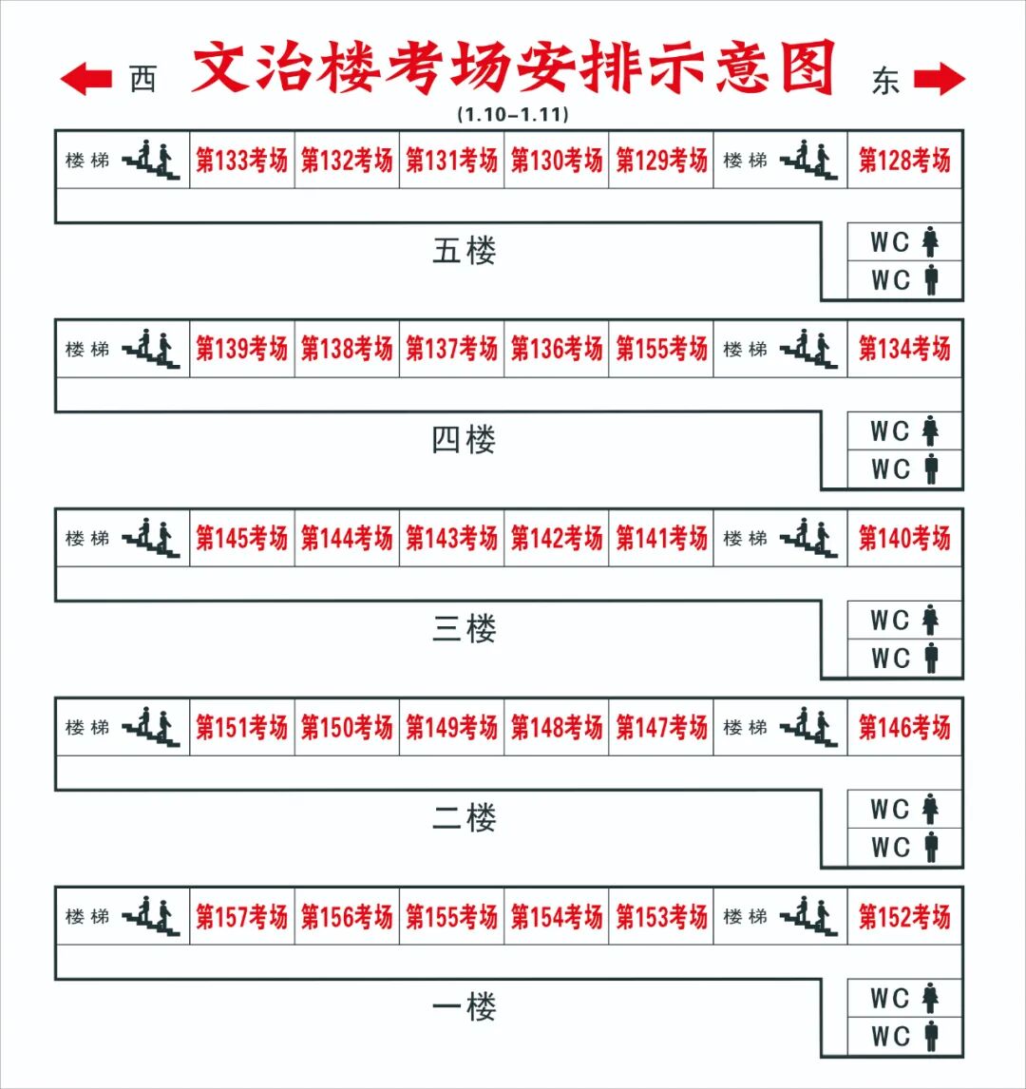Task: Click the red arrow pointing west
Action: (x=86, y=79)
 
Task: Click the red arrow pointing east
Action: (x=939, y=79)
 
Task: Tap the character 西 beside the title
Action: (x=142, y=80)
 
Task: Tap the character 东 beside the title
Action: (x=884, y=81)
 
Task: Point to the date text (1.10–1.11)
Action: (x=512, y=114)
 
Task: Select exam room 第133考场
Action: (x=241, y=161)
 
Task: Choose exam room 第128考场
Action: (x=904, y=161)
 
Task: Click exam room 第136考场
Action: (x=557, y=349)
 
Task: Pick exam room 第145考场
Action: (x=241, y=538)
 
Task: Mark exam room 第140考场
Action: (x=904, y=538)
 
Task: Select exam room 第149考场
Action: (x=451, y=727)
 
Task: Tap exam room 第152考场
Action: (x=904, y=916)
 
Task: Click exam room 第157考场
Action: (x=241, y=916)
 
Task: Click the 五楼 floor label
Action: (x=465, y=252)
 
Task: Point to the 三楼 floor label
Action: (x=465, y=629)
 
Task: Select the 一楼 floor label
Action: (x=465, y=1006)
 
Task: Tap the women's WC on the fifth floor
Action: (x=904, y=242)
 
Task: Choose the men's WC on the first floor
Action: (x=904, y=1036)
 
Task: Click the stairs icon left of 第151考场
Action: (x=151, y=727)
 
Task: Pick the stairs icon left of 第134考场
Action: (x=809, y=350)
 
